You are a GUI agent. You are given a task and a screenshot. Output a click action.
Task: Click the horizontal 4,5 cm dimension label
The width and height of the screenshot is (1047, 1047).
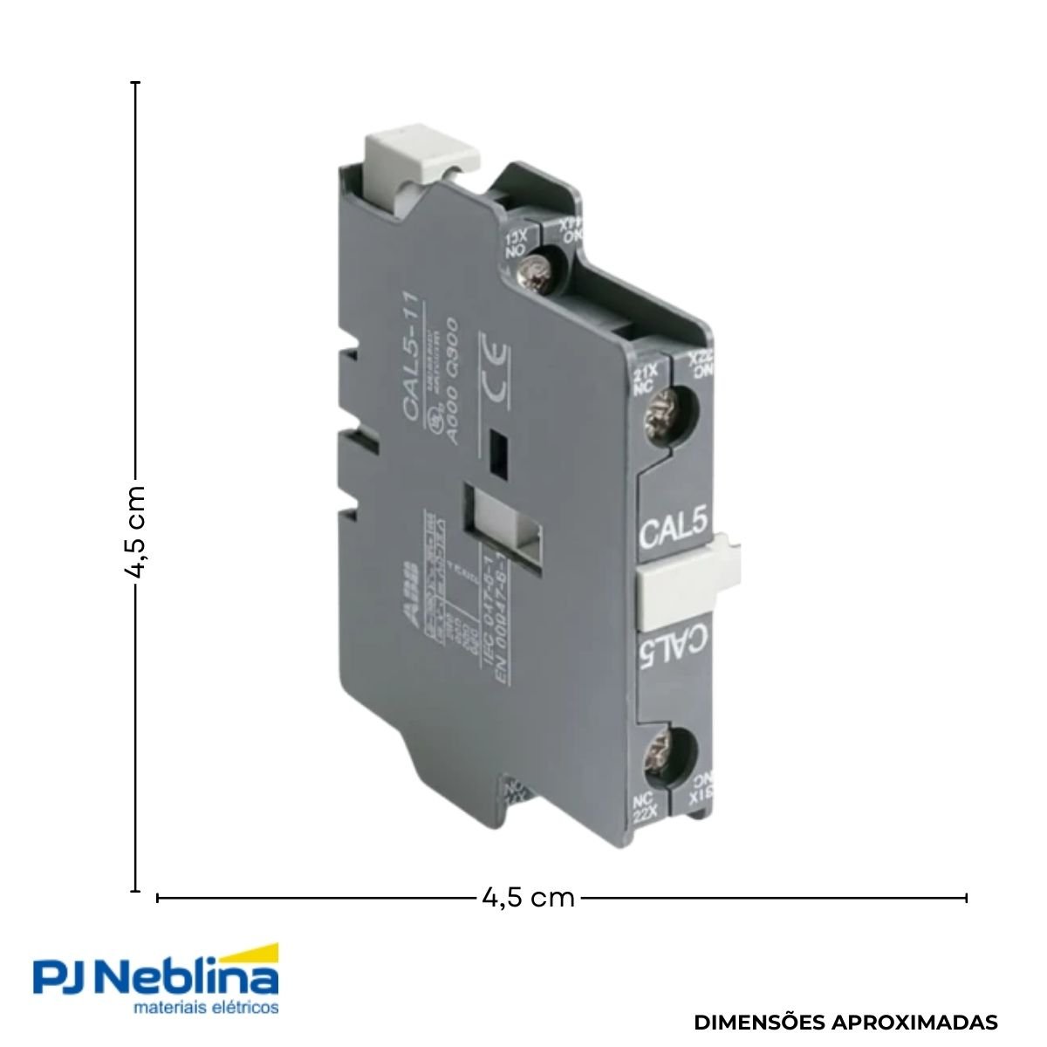(528, 897)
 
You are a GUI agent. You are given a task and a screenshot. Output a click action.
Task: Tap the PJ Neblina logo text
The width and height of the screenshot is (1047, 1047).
(155, 978)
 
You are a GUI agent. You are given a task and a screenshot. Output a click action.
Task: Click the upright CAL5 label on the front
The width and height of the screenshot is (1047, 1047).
(673, 530)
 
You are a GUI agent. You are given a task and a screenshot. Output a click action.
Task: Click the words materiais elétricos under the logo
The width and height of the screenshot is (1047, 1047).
(205, 1007)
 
